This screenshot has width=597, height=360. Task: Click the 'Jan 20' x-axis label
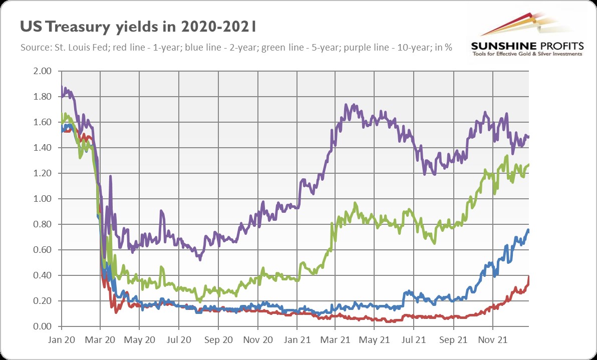[x=62, y=339]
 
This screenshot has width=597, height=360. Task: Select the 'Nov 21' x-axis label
[x=493, y=339]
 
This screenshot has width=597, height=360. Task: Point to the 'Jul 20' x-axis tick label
[x=179, y=339]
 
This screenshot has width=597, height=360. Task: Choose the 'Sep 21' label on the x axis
[x=454, y=339]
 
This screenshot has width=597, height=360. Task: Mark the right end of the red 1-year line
[x=529, y=277]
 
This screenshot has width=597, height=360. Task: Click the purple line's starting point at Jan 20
[x=62, y=88]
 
